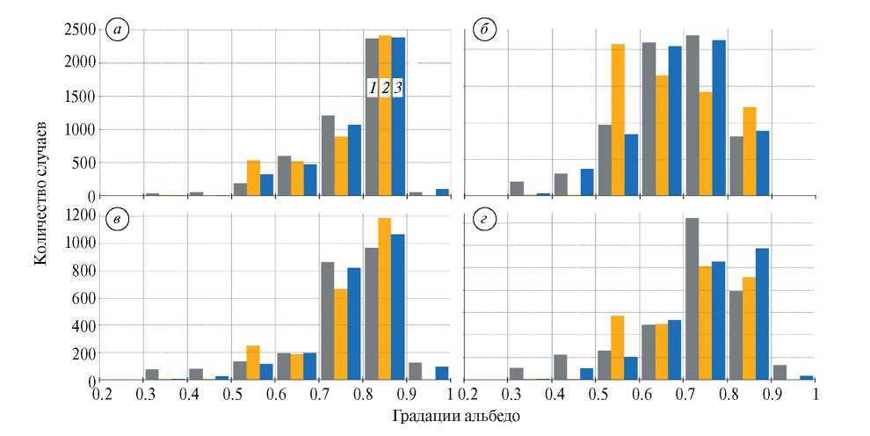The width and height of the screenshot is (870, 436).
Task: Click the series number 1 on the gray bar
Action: (x=373, y=88)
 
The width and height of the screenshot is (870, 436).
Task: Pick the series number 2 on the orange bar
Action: (x=385, y=88)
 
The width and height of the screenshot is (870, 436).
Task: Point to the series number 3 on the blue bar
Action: (x=398, y=88)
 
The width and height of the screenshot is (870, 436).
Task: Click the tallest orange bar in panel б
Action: (x=618, y=120)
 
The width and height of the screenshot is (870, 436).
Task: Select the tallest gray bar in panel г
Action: (x=692, y=299)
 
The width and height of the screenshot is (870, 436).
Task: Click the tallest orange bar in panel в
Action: (x=385, y=299)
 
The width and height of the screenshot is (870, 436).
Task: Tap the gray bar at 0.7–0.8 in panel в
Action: (x=328, y=321)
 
